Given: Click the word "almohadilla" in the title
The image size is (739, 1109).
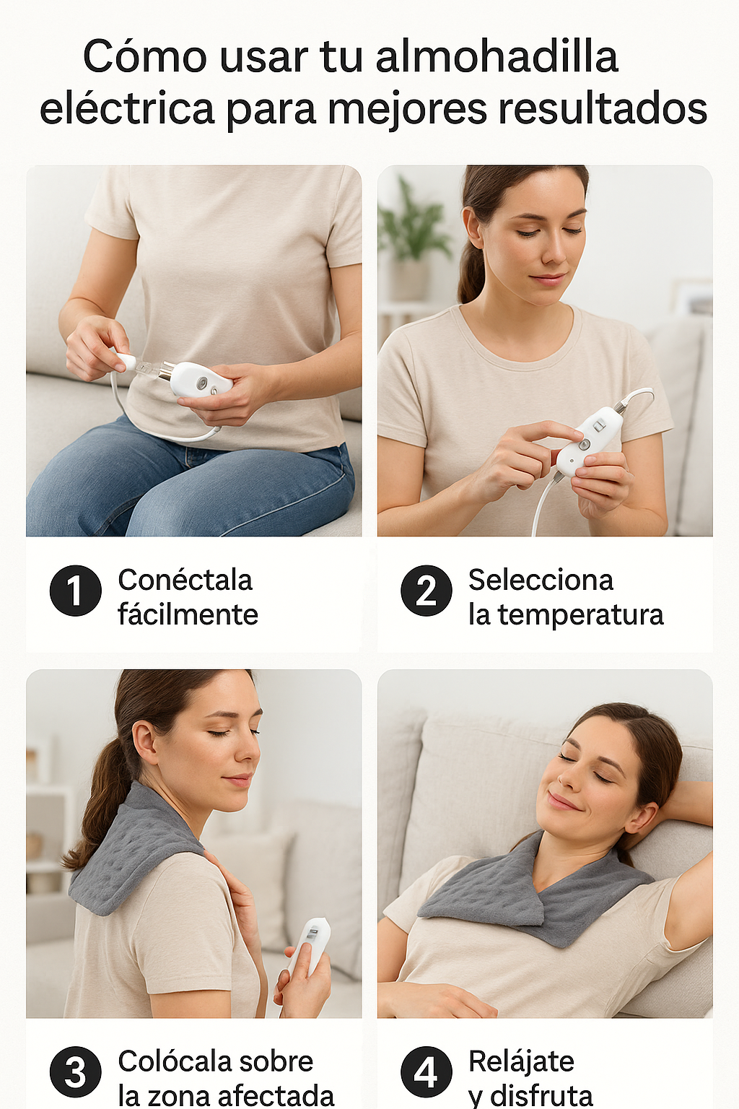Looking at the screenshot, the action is coord(497,56).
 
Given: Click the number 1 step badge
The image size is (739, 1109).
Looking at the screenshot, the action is coord(75,590).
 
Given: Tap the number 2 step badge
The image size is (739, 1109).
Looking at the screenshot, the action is coord(427,590).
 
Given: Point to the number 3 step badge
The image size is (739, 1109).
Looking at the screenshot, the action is coord(75,1072).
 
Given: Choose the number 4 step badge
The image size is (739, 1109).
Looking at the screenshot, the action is coord(427,1072).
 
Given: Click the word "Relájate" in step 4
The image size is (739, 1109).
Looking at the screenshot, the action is coord(521,1061).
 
